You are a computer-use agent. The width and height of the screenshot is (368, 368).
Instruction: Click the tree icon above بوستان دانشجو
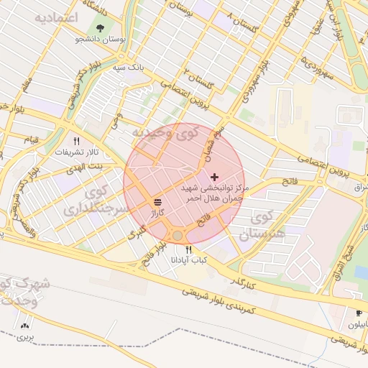(99, 28)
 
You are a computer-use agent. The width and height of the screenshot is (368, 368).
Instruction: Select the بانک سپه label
(132, 65)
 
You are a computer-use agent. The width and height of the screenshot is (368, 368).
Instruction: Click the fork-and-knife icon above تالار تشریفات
(76, 142)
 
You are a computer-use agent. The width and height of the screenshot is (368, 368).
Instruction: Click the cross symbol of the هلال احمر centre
(215, 176)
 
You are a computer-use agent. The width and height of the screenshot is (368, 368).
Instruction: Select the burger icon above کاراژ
(157, 201)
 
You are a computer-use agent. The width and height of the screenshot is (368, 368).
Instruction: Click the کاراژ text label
(157, 213)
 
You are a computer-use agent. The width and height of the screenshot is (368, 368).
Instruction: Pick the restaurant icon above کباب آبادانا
(188, 249)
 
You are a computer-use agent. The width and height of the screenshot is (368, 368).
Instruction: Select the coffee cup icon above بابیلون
(358, 313)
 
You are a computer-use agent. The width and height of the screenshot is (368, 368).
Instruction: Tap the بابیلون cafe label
(357, 324)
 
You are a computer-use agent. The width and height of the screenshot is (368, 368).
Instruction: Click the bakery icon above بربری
(27, 326)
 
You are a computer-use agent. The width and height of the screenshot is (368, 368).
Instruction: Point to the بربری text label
(26, 336)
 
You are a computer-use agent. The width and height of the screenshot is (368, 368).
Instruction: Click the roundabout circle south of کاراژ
(178, 235)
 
